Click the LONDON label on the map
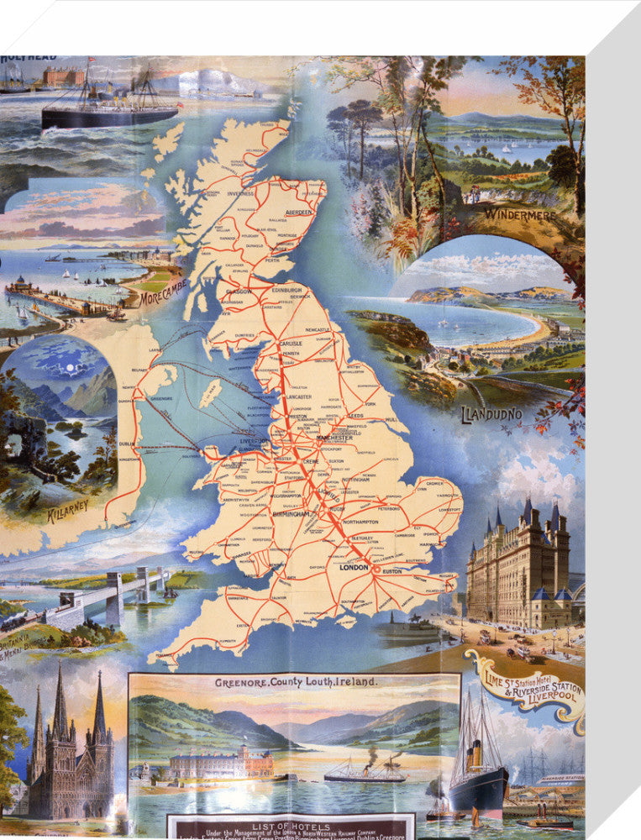pos(353,570)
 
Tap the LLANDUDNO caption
pos(491,413)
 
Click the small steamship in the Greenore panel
pos(364,770)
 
